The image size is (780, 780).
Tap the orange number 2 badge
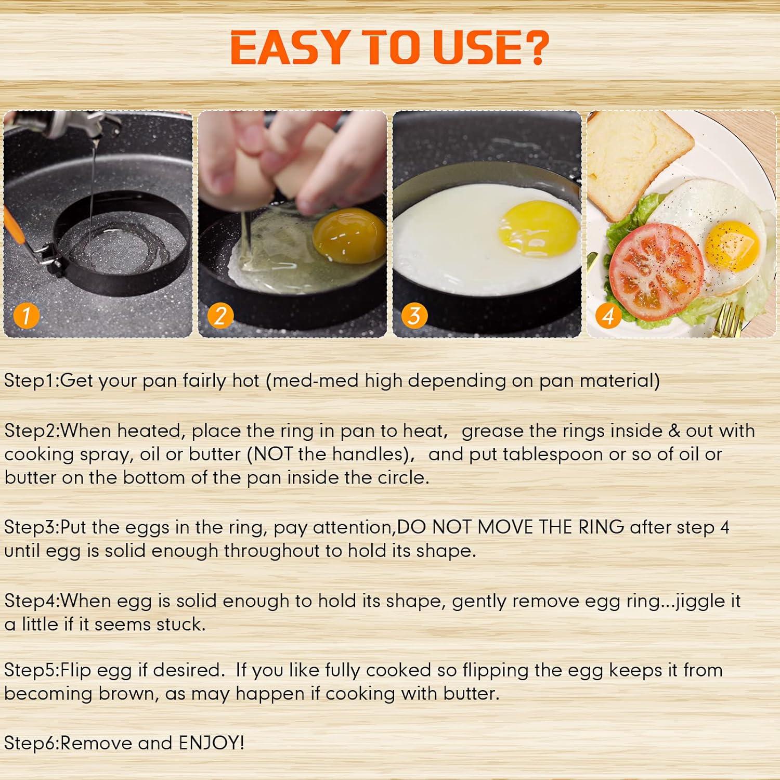coord(220,316)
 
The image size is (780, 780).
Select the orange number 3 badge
coord(414,316)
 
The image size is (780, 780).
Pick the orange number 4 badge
coord(608,316)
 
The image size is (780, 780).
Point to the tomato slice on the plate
coord(656,270)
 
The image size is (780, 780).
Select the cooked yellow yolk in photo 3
coord(538,229)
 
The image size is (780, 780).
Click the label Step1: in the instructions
coord(32,381)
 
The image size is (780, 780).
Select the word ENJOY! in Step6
coord(211,743)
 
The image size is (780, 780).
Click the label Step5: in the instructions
coord(32,670)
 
